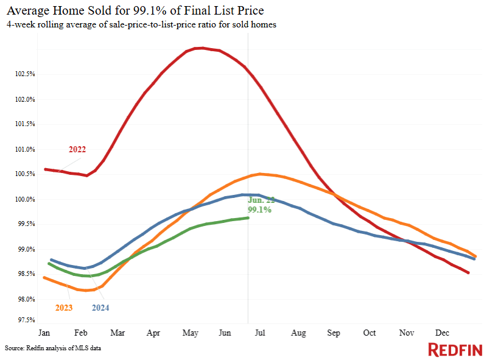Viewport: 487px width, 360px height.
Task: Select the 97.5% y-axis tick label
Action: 23,320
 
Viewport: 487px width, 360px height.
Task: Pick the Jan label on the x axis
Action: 44,334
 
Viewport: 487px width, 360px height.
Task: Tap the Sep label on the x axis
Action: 334,334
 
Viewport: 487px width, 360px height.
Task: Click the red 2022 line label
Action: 77,149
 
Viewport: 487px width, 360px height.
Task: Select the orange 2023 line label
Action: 63,308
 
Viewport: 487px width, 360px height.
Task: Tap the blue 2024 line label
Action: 100,308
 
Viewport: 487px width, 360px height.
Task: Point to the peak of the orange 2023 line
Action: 260,174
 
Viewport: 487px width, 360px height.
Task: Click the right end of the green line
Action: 248,217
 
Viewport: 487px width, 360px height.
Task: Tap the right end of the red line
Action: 468,273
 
